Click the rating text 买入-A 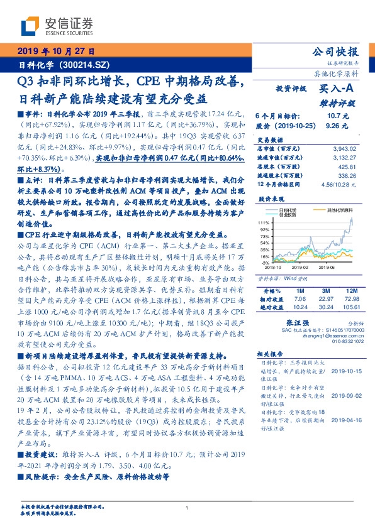tap(337, 89)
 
